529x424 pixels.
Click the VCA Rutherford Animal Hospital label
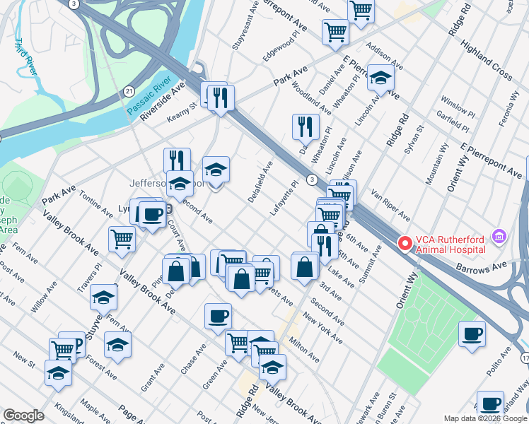[x=450, y=244]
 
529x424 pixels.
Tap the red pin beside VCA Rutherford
[x=405, y=244]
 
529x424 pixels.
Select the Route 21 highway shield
[x=129, y=91]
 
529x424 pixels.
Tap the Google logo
[x=24, y=416]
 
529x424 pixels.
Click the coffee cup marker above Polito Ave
[x=472, y=334]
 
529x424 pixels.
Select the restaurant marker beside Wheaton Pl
[x=306, y=126]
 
